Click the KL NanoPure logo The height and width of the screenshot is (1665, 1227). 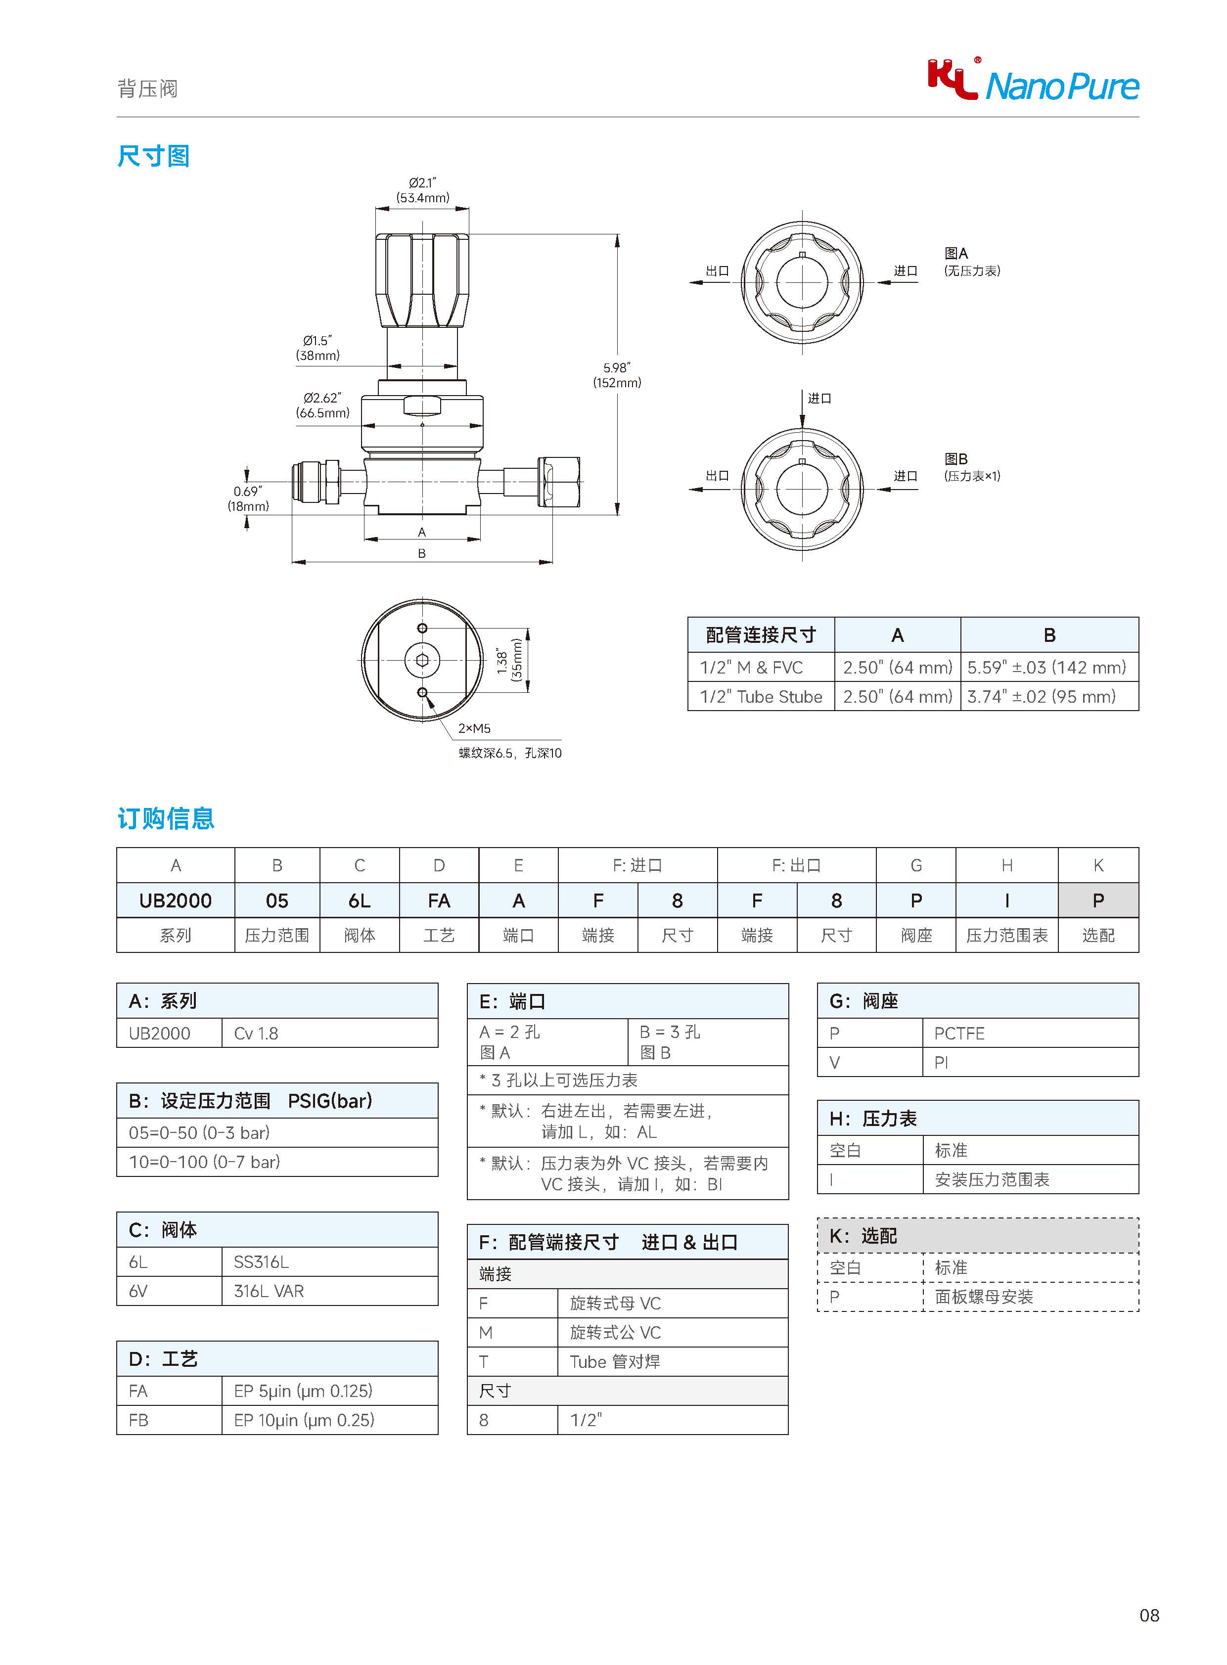(1033, 80)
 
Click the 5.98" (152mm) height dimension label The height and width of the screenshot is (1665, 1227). (617, 375)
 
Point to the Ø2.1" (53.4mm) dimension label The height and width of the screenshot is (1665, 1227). (423, 190)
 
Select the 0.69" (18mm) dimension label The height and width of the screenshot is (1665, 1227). (248, 498)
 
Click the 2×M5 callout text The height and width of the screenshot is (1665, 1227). (474, 728)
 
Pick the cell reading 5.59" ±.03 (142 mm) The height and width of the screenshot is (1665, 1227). (1049, 667)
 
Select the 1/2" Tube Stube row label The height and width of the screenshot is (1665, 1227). (761, 697)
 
